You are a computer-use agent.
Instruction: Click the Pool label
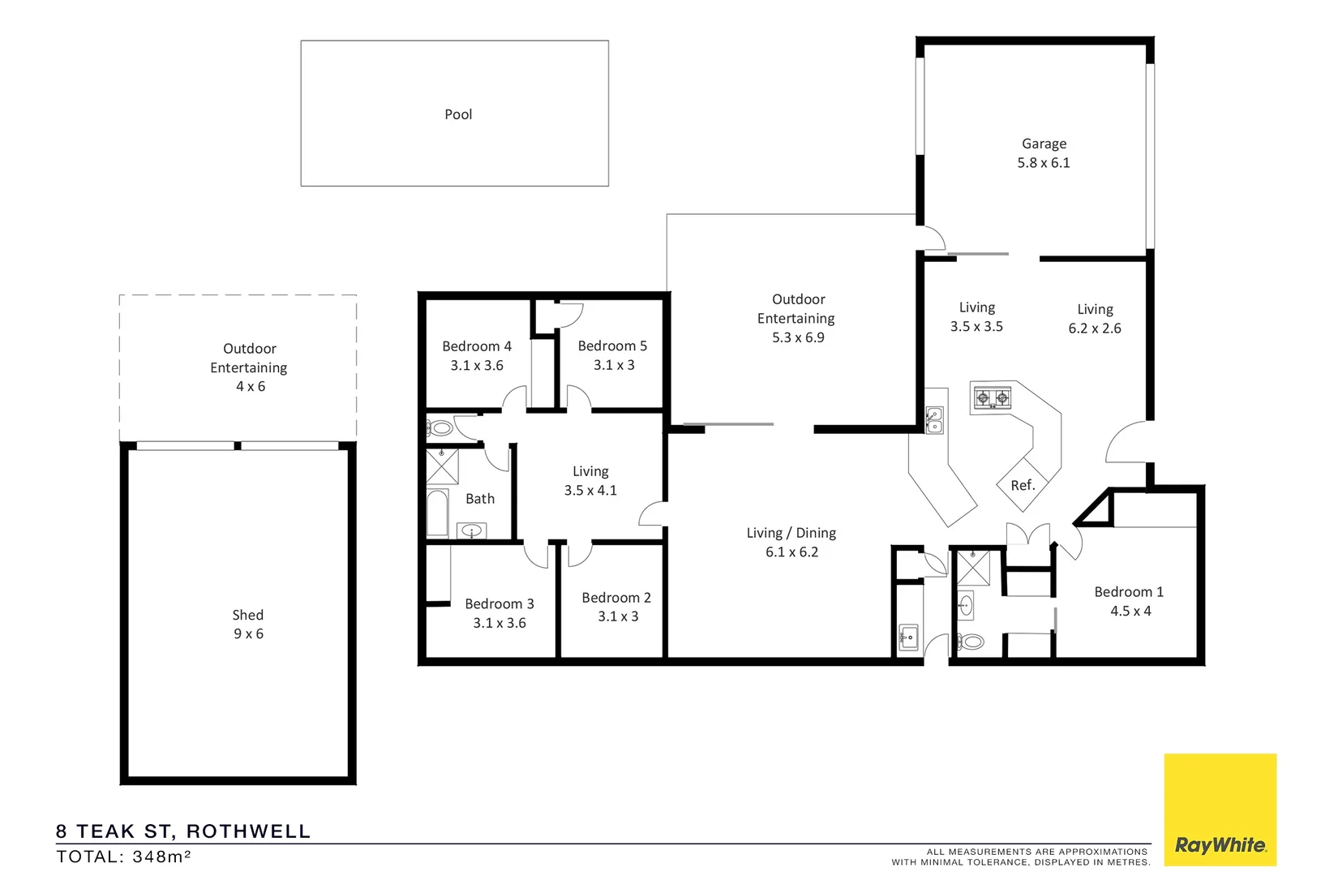[x=458, y=114]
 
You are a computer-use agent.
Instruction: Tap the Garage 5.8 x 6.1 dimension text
[x=1044, y=163]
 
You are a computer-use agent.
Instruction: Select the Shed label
[x=247, y=615]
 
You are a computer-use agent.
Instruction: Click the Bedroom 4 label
[x=477, y=346]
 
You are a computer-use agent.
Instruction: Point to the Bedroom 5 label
[x=612, y=346]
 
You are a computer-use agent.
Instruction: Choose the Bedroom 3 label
[x=500, y=603]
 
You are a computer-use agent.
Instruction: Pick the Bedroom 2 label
[x=616, y=598]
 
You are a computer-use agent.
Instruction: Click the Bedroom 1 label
[x=1129, y=592]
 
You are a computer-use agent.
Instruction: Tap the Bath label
[x=480, y=499]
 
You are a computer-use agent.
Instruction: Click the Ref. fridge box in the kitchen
[x=1023, y=485]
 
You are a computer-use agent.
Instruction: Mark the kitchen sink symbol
[x=934, y=420]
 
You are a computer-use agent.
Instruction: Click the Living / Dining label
[x=791, y=533]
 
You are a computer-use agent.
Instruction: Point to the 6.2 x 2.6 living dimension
[x=1095, y=328]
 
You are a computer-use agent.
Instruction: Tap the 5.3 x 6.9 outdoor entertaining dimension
[x=798, y=337]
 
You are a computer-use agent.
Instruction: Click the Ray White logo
[x=1220, y=810]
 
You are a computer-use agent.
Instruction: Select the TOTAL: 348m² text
[x=123, y=857]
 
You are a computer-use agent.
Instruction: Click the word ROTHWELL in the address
[x=249, y=831]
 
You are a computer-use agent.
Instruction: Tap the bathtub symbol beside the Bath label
[x=438, y=513]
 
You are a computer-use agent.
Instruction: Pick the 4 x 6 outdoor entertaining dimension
[x=251, y=387]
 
